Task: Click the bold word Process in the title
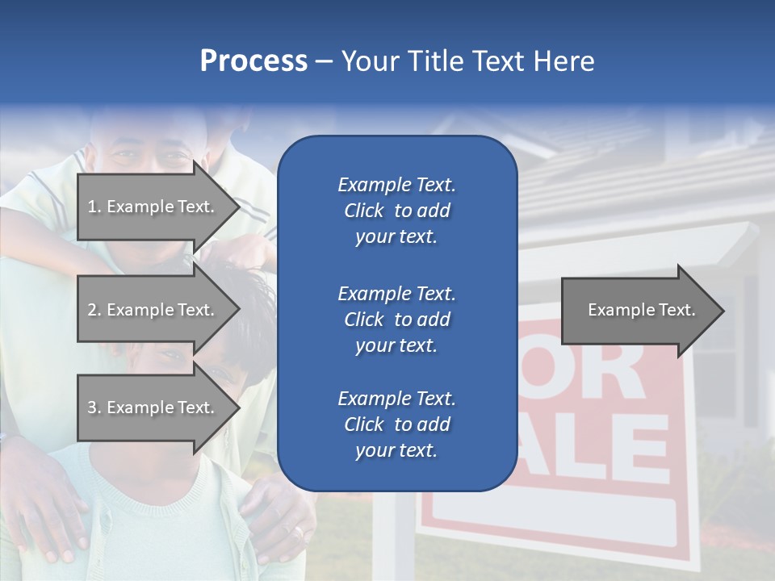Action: click(253, 61)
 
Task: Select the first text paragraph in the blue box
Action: click(396, 211)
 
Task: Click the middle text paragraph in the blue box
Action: click(396, 319)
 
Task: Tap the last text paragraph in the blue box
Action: click(396, 424)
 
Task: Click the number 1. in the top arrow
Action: click(94, 207)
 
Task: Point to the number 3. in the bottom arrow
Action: click(94, 408)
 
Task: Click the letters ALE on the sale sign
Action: click(597, 452)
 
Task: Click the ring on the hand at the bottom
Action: click(300, 533)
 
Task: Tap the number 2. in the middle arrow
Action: click(94, 310)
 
